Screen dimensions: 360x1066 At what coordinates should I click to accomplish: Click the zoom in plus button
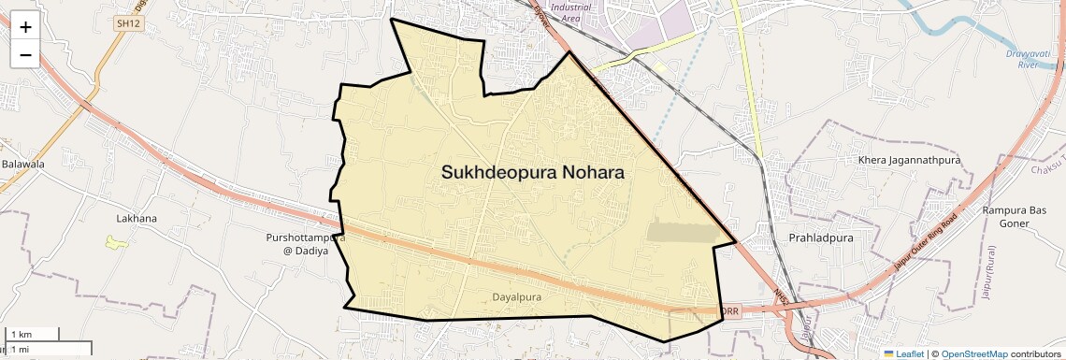[x=25, y=26]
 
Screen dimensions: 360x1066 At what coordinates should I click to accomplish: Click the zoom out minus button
[x=25, y=54]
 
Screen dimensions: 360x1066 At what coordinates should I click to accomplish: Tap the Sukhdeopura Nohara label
[x=532, y=173]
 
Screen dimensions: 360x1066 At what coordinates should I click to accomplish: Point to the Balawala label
[x=22, y=165]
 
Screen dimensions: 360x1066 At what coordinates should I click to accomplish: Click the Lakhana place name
[x=137, y=219]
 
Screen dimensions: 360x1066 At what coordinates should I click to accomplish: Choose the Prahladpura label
[x=822, y=238]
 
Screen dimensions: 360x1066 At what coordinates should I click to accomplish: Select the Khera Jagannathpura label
[x=910, y=161]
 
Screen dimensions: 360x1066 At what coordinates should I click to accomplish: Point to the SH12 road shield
[x=129, y=23]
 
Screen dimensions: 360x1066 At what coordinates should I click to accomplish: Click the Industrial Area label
[x=571, y=12]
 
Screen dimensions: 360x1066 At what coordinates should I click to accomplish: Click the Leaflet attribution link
[x=902, y=353]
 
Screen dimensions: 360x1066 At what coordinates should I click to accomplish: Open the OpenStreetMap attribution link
[x=973, y=353]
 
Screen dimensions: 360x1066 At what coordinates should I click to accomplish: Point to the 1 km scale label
[x=21, y=334]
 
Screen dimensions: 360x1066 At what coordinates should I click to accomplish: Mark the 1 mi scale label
[x=20, y=349]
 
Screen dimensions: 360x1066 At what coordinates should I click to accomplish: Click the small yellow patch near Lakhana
[x=117, y=242]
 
